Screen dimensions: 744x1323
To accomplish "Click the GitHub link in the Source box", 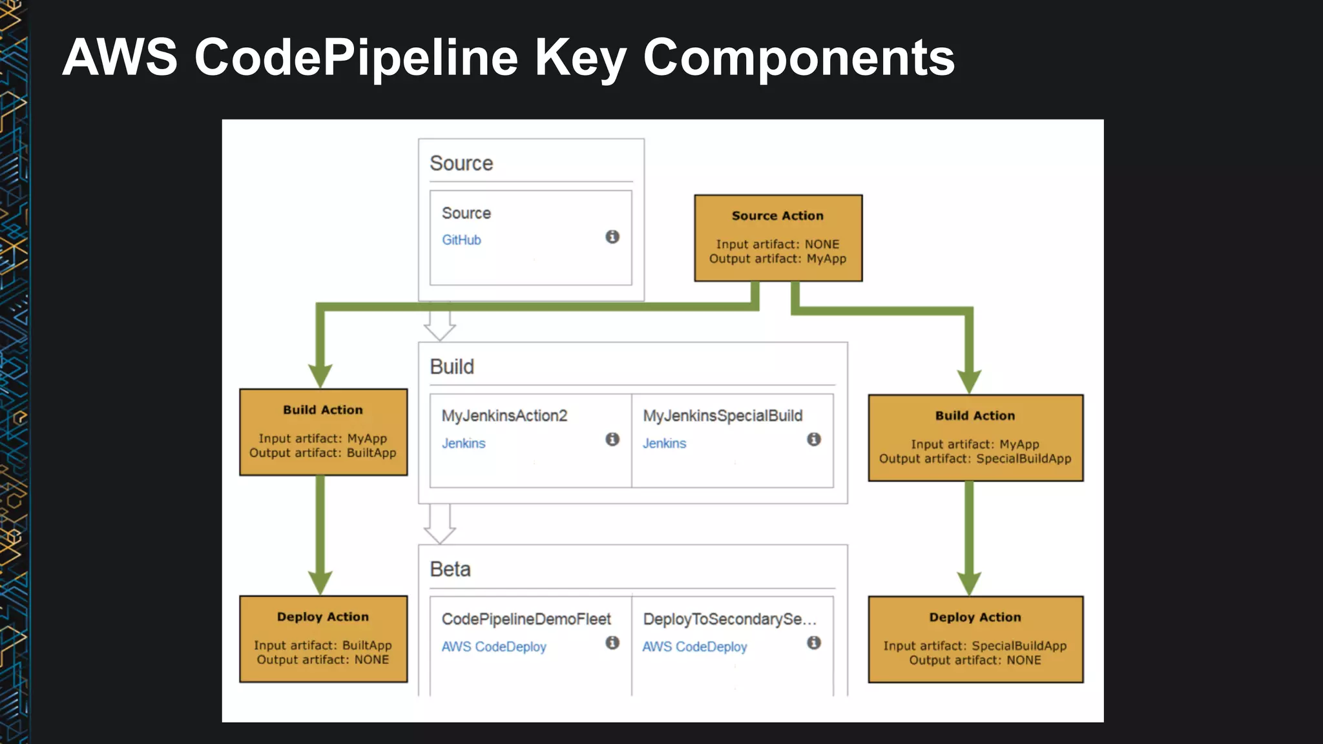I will [x=461, y=240].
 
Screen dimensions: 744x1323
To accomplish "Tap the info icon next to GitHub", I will [x=612, y=237].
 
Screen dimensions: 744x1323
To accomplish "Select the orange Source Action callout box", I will [x=778, y=238].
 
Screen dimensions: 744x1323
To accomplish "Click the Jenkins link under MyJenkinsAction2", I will [x=463, y=444].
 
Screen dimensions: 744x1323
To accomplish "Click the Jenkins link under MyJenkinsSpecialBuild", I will [x=664, y=444].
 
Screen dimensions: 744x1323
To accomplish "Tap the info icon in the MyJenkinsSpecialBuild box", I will [x=814, y=439].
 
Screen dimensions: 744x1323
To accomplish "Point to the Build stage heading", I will [x=452, y=367].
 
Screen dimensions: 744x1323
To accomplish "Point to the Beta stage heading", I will [x=450, y=570].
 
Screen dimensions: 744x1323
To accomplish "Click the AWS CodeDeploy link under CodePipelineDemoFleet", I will [x=494, y=646].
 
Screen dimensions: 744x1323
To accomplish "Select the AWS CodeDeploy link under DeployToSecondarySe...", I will [x=694, y=646].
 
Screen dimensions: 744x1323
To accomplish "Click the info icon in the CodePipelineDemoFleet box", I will [x=612, y=643].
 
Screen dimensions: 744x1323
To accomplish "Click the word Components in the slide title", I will [x=798, y=58].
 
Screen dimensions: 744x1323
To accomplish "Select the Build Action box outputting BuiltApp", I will [x=323, y=432].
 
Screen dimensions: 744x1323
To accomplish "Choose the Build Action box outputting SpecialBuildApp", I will [x=975, y=438].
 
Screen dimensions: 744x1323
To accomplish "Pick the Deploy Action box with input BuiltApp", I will [x=323, y=639].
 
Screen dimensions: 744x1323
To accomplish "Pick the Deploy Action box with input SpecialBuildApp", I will [x=975, y=639].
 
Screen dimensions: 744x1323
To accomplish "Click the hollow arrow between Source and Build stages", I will [x=440, y=323].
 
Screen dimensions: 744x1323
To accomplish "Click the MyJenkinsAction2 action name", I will [x=504, y=416].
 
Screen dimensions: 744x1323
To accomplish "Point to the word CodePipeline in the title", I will [x=356, y=58].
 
